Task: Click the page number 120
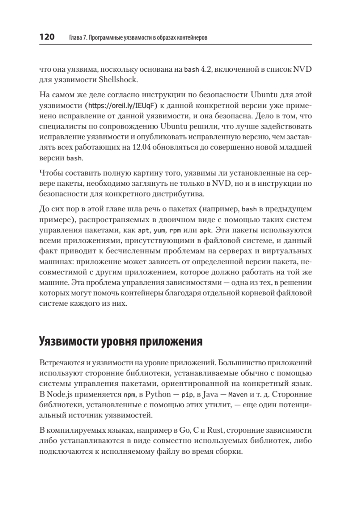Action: [x=47, y=37]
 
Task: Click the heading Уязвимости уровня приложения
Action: [x=120, y=341]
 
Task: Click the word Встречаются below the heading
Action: [x=62, y=363]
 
